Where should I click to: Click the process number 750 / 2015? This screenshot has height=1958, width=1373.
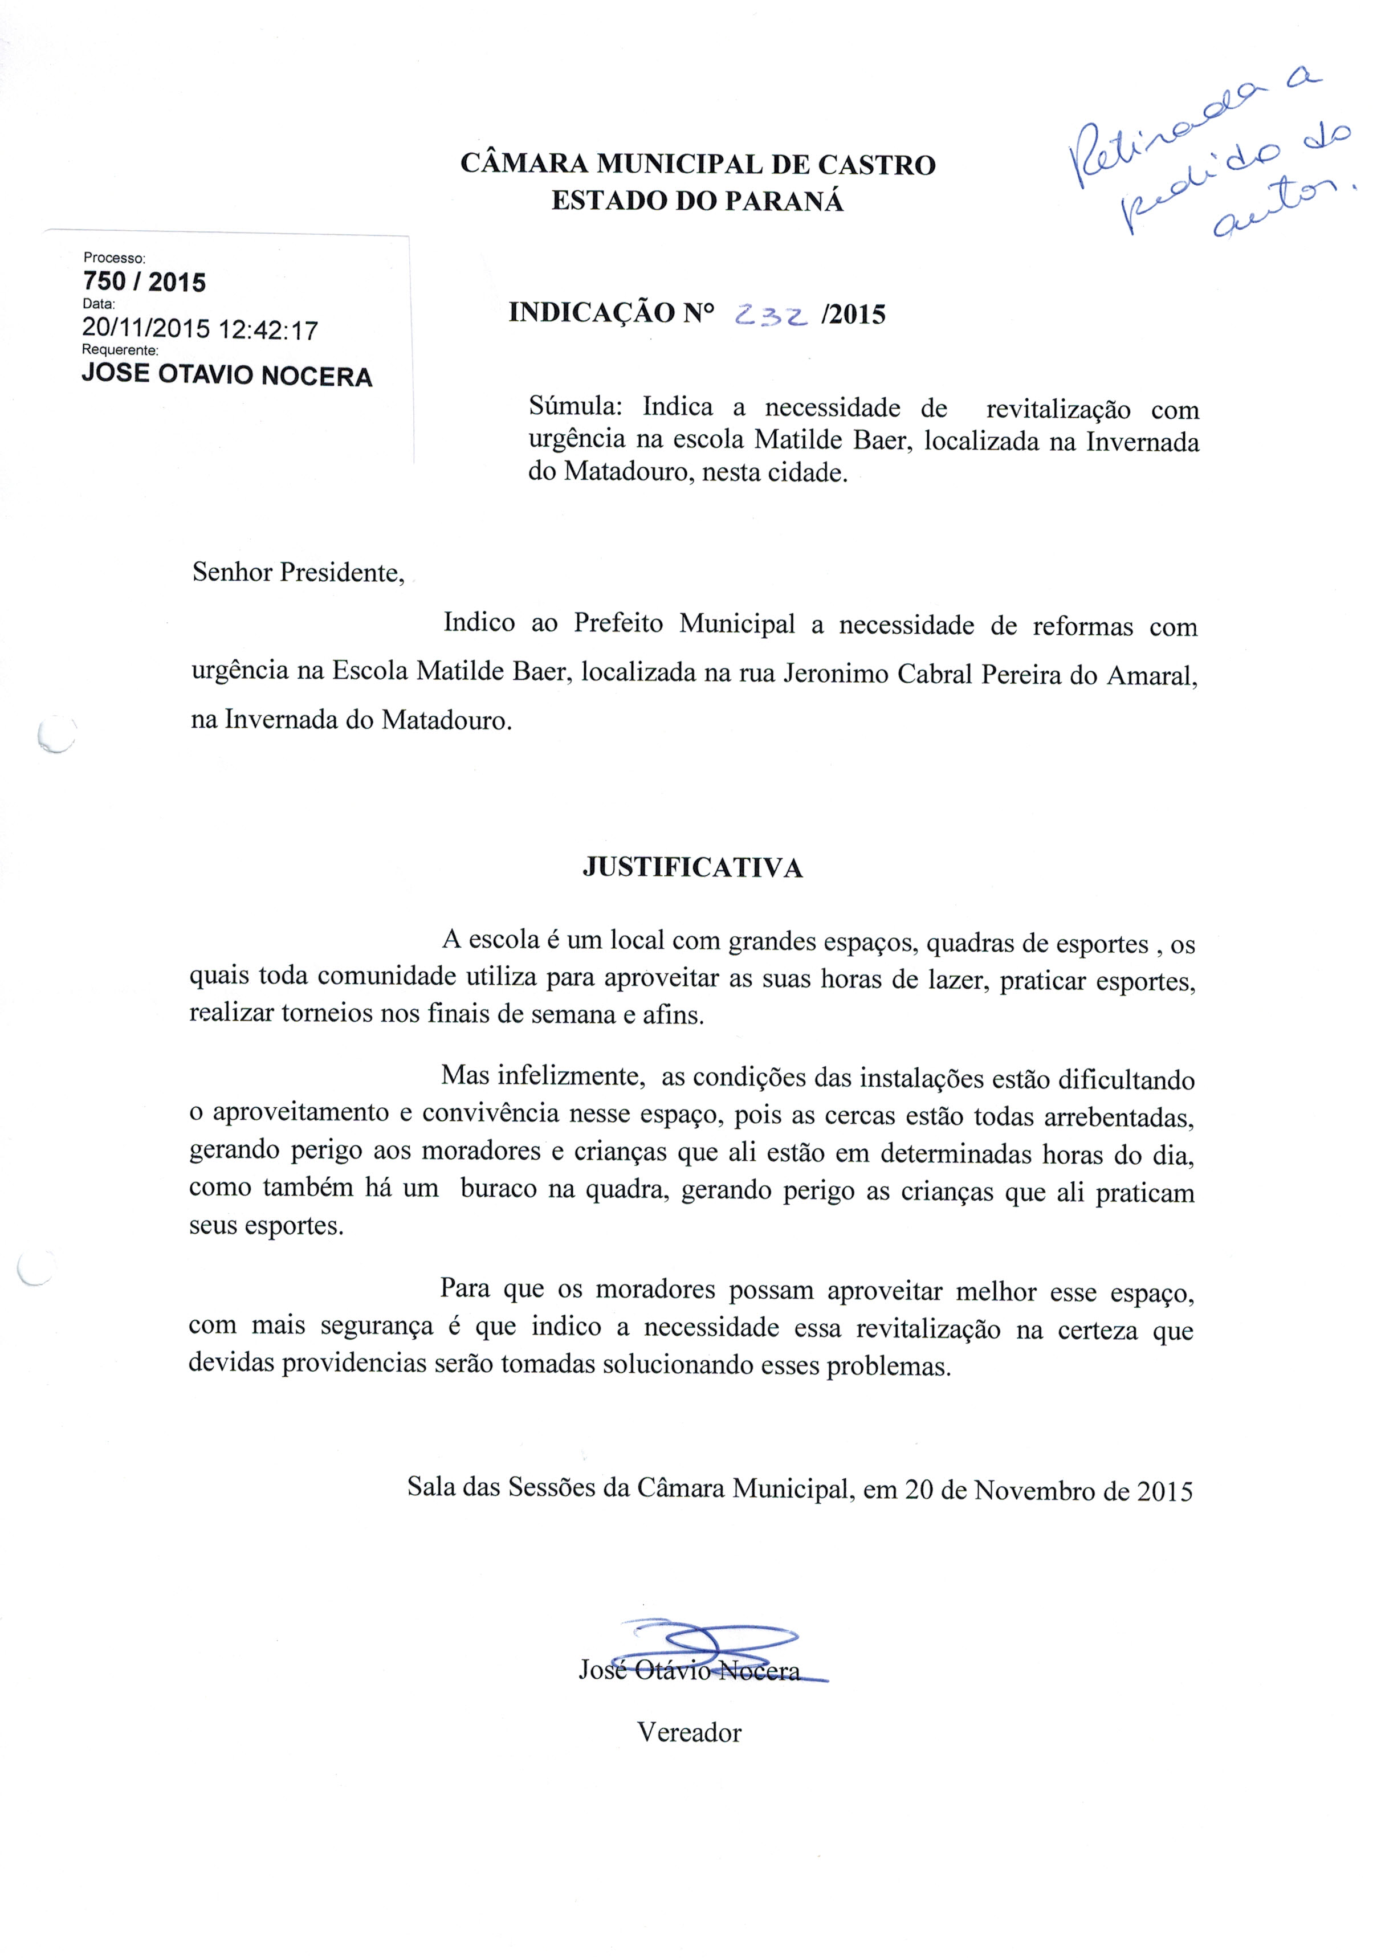tap(144, 282)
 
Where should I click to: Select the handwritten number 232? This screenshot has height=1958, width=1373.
tap(770, 316)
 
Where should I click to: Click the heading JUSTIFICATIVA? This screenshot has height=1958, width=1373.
tap(692, 868)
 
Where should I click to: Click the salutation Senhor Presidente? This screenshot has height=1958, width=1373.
tap(298, 572)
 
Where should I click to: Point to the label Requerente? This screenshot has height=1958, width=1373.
tap(120, 350)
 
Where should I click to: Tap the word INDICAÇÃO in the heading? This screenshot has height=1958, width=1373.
tap(592, 313)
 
